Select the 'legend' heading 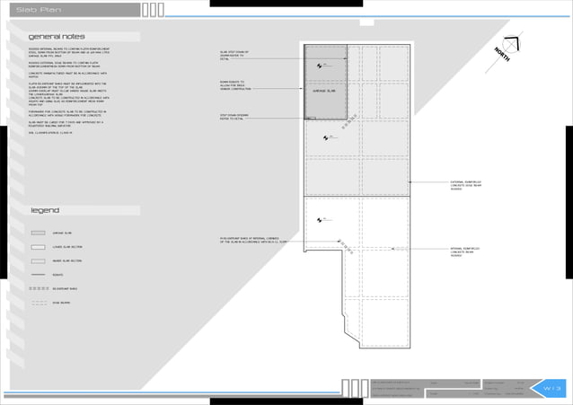coord(44,210)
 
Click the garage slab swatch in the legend coord(39,232)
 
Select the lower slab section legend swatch coord(39,246)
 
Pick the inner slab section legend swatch coord(39,260)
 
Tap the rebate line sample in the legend coord(39,275)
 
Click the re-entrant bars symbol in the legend coord(39,289)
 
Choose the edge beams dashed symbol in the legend coord(39,304)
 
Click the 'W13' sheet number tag coord(551,388)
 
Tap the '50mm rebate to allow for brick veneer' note coord(234,85)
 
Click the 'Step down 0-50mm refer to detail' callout coord(235,117)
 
